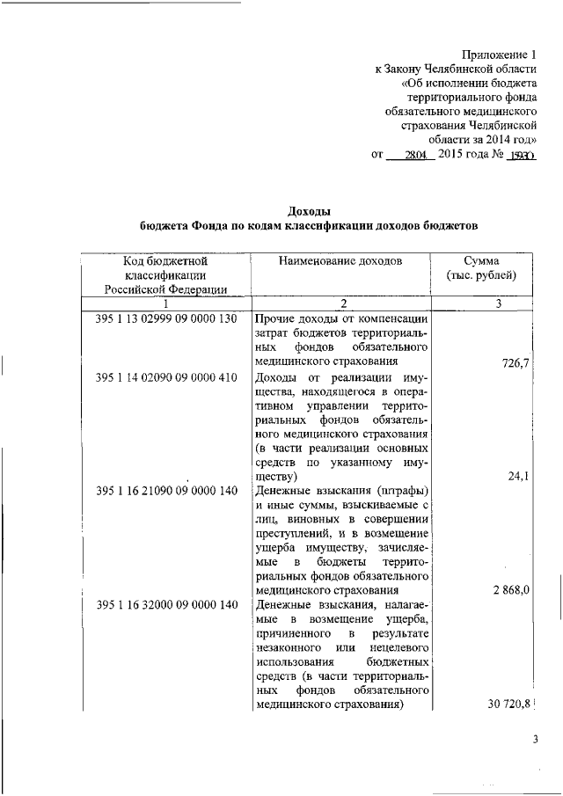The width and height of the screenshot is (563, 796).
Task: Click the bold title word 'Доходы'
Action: (x=310, y=211)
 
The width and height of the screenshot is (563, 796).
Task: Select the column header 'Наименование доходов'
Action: (x=340, y=261)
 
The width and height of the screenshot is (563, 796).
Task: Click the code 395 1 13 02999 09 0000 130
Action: (x=166, y=318)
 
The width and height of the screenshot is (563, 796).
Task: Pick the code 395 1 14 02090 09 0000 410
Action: (x=166, y=376)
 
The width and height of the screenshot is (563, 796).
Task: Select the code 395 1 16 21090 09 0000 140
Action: (x=166, y=491)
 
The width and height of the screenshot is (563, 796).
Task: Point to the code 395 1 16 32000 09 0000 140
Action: (x=166, y=604)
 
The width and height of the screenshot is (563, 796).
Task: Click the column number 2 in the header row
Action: (x=340, y=303)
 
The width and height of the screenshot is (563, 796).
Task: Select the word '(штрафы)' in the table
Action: (x=400, y=491)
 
